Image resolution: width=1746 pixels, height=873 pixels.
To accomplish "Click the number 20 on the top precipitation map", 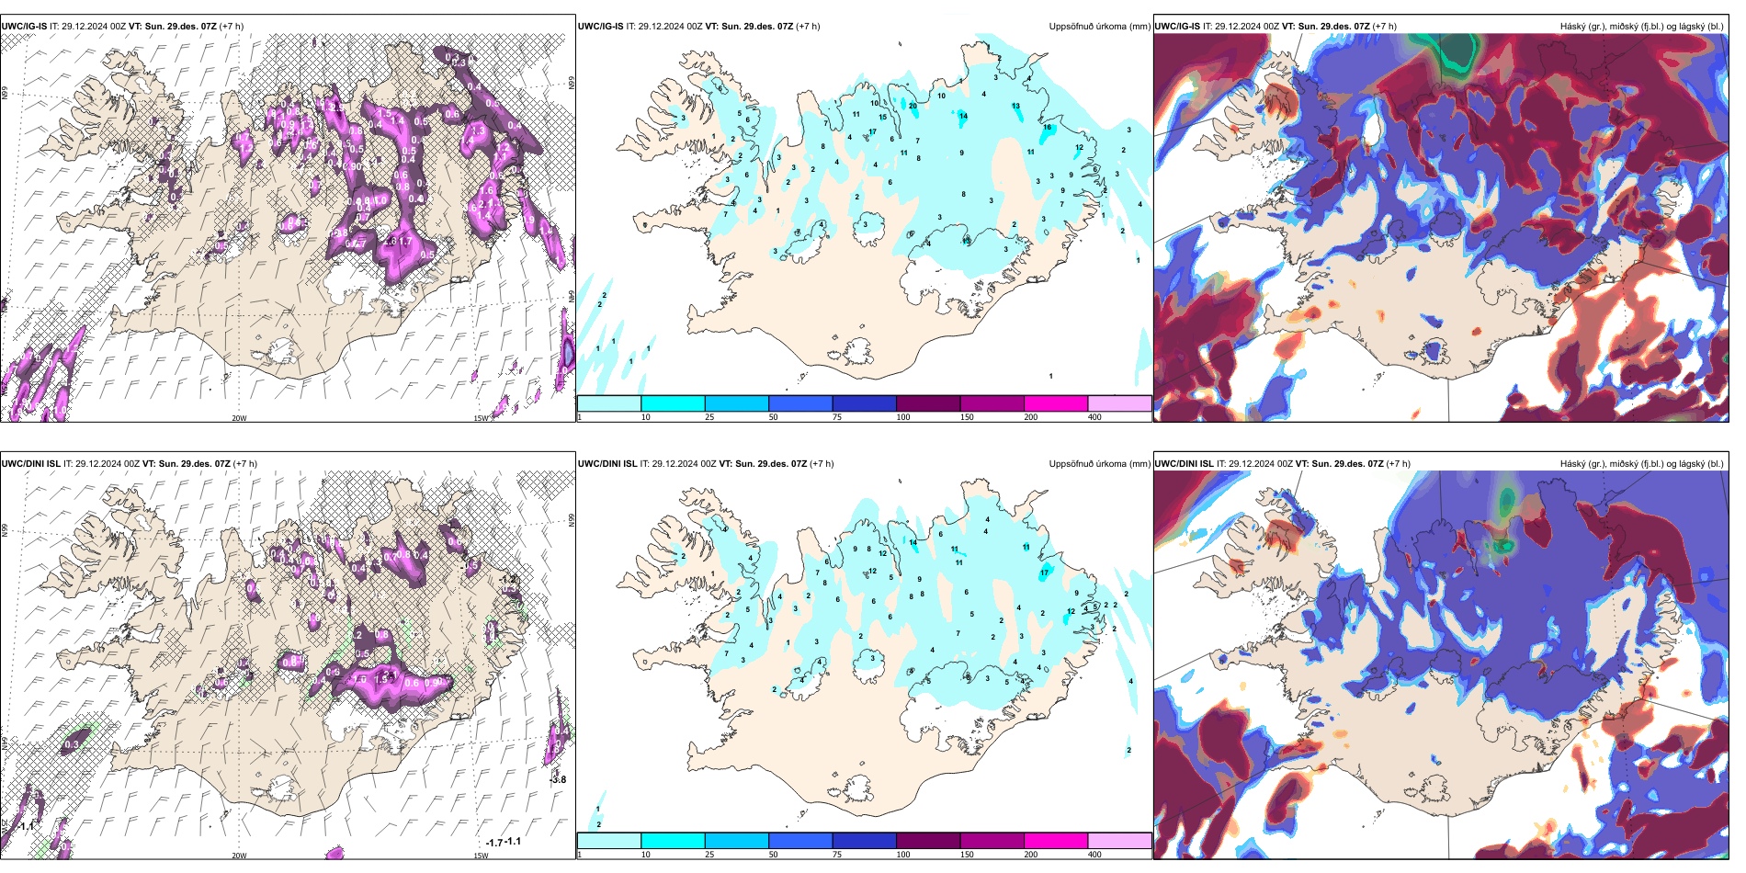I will pyautogui.click(x=913, y=106).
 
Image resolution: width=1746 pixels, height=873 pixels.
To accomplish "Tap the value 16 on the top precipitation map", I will pyautogui.click(x=1047, y=127).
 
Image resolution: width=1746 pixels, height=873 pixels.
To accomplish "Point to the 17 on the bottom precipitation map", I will pyautogui.click(x=1044, y=573).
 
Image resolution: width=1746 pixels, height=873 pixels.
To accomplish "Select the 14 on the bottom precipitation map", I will pyautogui.click(x=913, y=542).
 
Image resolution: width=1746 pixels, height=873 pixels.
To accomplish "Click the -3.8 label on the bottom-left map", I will pyautogui.click(x=558, y=779).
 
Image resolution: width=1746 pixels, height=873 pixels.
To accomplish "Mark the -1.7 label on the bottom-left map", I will pyautogui.click(x=494, y=843).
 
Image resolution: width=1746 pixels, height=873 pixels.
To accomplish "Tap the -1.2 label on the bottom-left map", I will pyautogui.click(x=508, y=579).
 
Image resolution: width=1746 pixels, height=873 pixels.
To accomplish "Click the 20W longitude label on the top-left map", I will pyautogui.click(x=239, y=418).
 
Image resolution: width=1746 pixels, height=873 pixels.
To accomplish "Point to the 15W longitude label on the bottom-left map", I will pyautogui.click(x=481, y=856).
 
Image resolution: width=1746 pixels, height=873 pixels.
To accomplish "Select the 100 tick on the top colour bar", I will pyautogui.click(x=903, y=417).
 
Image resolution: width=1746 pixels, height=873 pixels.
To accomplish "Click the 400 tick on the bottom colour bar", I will pyautogui.click(x=1094, y=855).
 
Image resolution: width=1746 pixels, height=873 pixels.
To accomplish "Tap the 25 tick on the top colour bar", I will pyautogui.click(x=709, y=417).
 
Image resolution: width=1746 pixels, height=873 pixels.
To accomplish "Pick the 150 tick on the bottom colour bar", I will pyautogui.click(x=967, y=855).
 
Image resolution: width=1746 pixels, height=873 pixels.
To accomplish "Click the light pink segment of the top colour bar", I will pyautogui.click(x=1119, y=403).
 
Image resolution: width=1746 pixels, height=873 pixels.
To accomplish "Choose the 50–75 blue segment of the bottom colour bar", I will pyautogui.click(x=799, y=841).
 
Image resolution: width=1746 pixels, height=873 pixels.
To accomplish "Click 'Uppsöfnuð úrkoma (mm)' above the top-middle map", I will pyautogui.click(x=1099, y=27).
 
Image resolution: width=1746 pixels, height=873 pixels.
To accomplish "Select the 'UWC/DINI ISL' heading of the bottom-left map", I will pyautogui.click(x=30, y=464).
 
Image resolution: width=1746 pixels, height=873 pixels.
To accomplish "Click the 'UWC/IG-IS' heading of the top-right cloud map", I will pyautogui.click(x=1177, y=27).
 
